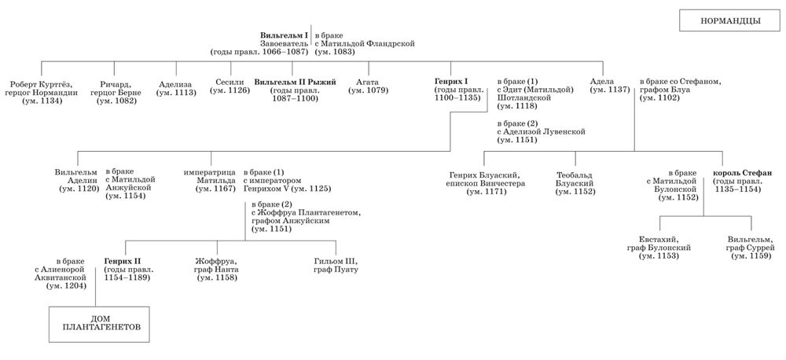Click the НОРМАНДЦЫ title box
(x=725, y=20)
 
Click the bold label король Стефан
(x=742, y=174)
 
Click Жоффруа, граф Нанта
(x=216, y=269)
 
